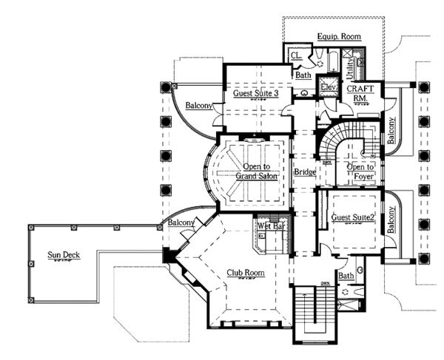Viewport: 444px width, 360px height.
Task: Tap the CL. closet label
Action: pos(295,56)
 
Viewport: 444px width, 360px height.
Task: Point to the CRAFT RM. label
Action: pos(363,93)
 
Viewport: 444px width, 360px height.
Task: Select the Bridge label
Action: pos(305,173)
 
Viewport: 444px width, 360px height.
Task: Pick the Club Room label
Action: pos(246,274)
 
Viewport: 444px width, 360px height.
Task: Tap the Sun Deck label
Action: pos(64,256)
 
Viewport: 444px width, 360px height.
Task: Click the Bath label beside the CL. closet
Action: pos(303,75)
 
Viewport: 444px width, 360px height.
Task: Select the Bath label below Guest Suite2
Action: pos(346,276)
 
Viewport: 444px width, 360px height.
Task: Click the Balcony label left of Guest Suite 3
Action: pos(199,106)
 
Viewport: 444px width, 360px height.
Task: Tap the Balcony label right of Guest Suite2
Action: pos(391,223)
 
